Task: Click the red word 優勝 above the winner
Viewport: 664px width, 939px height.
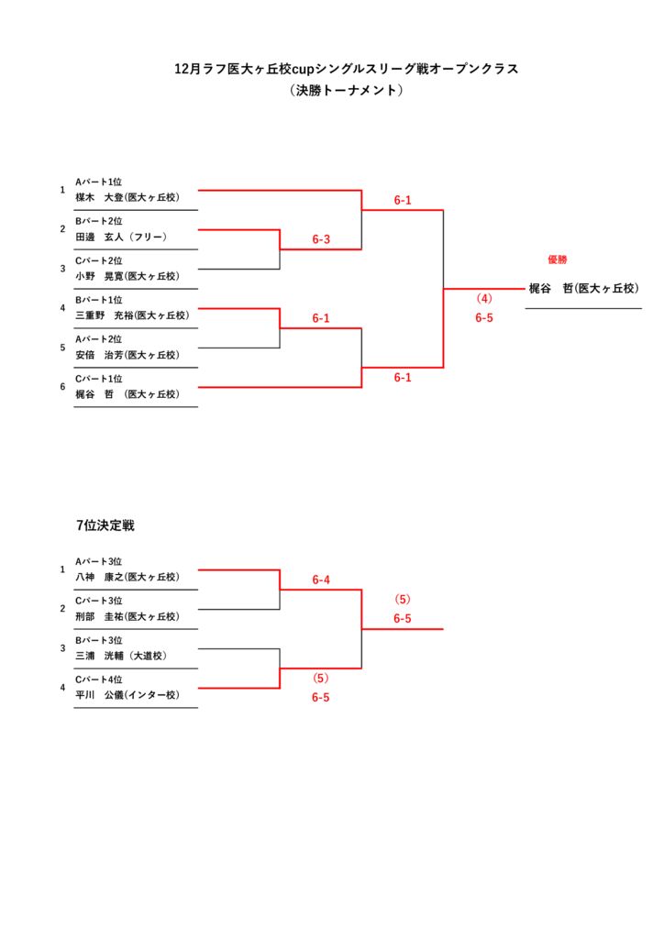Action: [557, 260]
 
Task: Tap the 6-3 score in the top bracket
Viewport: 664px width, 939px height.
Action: [321, 240]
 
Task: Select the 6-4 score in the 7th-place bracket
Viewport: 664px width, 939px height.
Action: [321, 580]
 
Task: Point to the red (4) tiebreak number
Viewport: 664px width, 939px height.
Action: [484, 299]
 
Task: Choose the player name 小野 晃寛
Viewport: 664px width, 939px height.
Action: [127, 276]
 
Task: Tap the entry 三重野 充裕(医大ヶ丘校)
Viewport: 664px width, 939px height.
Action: [132, 315]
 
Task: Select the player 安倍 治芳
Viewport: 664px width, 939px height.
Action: [127, 355]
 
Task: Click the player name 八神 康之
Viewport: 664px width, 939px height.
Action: [127, 577]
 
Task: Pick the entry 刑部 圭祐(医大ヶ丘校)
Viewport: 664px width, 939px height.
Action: [127, 616]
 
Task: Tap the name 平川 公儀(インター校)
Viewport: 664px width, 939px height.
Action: [127, 695]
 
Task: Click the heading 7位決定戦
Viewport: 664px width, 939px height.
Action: [105, 525]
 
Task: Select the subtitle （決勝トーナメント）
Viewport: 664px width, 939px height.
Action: [346, 91]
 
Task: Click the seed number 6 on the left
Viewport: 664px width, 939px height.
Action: [62, 387]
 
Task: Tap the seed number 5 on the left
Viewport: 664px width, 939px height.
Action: [62, 348]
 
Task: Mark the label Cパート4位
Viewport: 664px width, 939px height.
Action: [99, 679]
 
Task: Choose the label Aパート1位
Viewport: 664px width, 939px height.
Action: [99, 182]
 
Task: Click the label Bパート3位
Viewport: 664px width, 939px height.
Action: [99, 640]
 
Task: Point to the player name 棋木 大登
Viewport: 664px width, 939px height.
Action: [127, 197]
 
